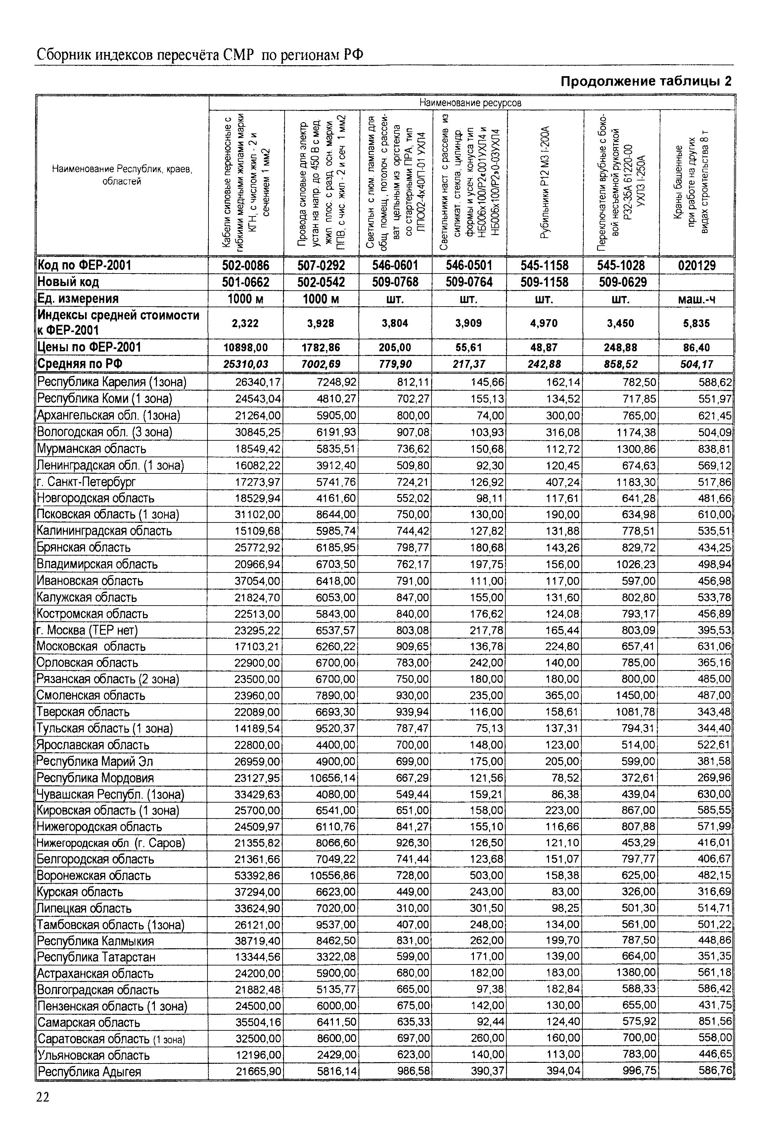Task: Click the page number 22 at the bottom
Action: [x=43, y=1097]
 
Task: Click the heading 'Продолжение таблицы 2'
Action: [x=646, y=81]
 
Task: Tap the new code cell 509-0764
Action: [x=469, y=282]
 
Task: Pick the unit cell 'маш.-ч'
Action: [x=696, y=299]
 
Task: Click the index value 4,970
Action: [x=544, y=323]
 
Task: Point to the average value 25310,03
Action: [x=246, y=364]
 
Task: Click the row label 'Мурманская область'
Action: [x=92, y=449]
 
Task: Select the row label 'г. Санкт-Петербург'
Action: [x=86, y=482]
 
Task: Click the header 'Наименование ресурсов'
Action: [x=470, y=103]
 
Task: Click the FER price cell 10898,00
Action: [x=246, y=347]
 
